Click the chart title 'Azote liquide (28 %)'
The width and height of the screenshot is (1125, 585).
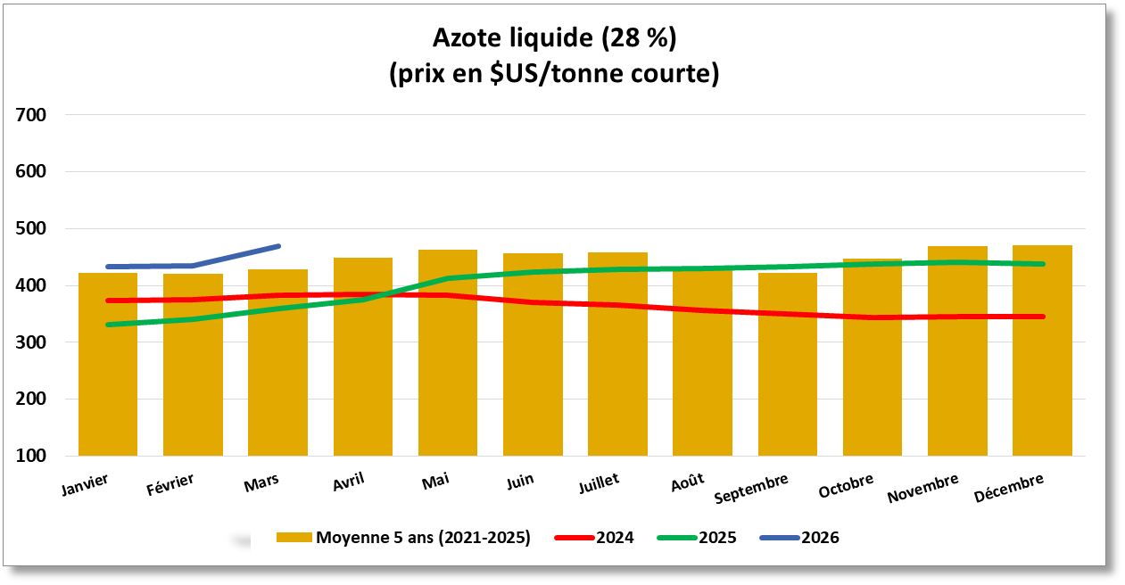coord(554,38)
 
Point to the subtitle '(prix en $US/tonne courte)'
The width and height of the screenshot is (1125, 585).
coord(554,73)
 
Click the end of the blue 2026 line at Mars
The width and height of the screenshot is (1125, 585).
coord(279,246)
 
